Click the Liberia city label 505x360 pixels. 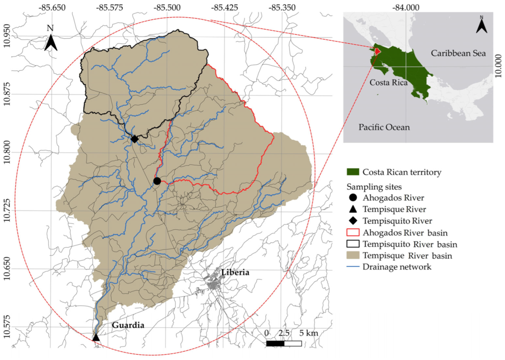click(x=235, y=272)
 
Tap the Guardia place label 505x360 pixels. click(x=128, y=325)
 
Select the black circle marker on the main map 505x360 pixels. click(x=157, y=181)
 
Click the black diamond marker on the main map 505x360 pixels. click(x=134, y=139)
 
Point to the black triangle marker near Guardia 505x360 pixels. click(x=96, y=338)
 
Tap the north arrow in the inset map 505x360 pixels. click(x=481, y=25)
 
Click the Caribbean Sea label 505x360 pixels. click(x=458, y=53)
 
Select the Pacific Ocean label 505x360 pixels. click(x=384, y=127)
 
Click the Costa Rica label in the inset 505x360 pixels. click(x=388, y=83)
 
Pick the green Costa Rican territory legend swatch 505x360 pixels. click(x=353, y=172)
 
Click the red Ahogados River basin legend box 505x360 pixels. click(x=353, y=232)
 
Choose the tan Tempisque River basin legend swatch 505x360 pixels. click(x=353, y=255)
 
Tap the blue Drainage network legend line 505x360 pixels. click(x=353, y=267)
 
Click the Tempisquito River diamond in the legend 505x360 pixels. click(x=353, y=221)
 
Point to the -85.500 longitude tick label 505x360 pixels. click(x=167, y=7)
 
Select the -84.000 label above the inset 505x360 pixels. click(x=406, y=7)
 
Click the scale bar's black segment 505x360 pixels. click(x=275, y=343)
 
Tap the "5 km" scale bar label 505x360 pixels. click(x=309, y=333)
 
